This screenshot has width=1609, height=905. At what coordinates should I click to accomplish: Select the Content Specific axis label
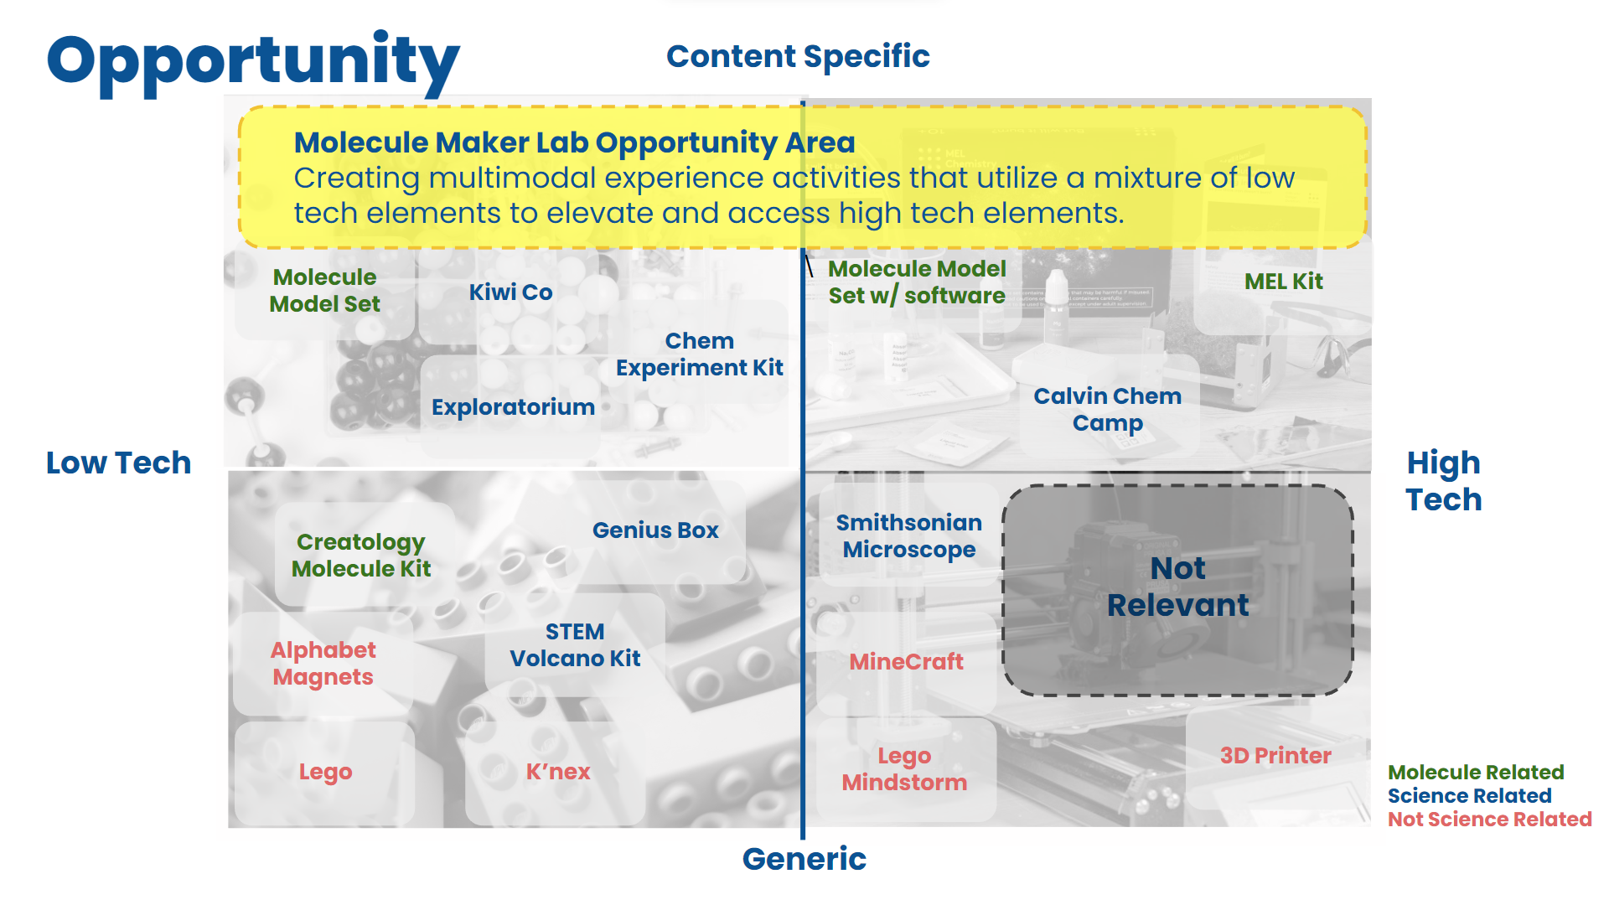pyautogui.click(x=798, y=56)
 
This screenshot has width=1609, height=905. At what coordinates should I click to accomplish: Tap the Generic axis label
pyautogui.click(x=804, y=859)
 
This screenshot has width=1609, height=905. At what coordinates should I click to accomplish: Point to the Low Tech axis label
pyautogui.click(x=118, y=463)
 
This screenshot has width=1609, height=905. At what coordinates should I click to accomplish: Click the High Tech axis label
pyautogui.click(x=1443, y=481)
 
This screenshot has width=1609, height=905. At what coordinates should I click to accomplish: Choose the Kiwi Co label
pyautogui.click(x=510, y=292)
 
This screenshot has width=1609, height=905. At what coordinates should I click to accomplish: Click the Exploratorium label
pyautogui.click(x=513, y=407)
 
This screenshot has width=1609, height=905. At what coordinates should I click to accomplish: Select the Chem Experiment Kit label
pyautogui.click(x=699, y=354)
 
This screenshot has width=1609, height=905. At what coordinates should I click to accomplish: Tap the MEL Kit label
pyautogui.click(x=1283, y=282)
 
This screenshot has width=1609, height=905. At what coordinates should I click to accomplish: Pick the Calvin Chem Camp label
pyautogui.click(x=1107, y=409)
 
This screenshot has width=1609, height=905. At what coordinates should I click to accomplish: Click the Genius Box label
pyautogui.click(x=655, y=530)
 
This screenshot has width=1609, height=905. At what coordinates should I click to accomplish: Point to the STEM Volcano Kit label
pyautogui.click(x=575, y=645)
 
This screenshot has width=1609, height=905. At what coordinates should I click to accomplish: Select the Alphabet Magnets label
pyautogui.click(x=323, y=663)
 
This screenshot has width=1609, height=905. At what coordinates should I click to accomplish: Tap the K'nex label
pyautogui.click(x=558, y=772)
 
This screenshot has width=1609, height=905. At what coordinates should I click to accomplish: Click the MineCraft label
pyautogui.click(x=906, y=662)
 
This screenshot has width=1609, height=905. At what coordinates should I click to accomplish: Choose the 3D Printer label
pyautogui.click(x=1275, y=756)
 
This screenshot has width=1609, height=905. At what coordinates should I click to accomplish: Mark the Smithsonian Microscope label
pyautogui.click(x=908, y=536)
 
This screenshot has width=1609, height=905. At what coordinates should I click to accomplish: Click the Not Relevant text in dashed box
pyautogui.click(x=1177, y=587)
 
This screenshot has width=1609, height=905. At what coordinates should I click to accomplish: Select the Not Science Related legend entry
pyautogui.click(x=1489, y=820)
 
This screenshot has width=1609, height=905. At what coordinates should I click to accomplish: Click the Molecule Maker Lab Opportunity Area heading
pyautogui.click(x=574, y=142)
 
